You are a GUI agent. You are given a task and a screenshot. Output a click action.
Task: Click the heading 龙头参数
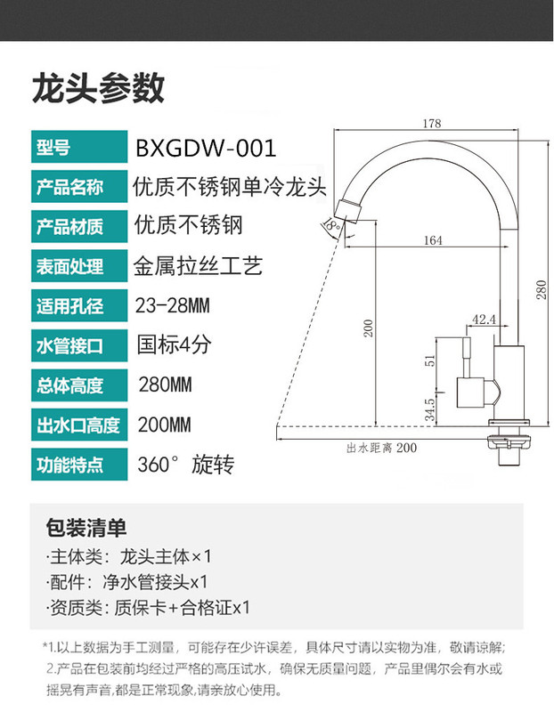[x=98, y=89]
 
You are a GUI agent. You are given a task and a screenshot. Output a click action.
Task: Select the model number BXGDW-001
[x=205, y=147]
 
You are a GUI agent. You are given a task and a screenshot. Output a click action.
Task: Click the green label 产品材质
[x=69, y=226]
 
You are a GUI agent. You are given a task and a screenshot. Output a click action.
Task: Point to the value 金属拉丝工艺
[x=198, y=266]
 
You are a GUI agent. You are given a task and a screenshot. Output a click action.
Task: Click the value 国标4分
[x=173, y=344]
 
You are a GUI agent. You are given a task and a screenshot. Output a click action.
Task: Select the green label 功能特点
[x=69, y=465]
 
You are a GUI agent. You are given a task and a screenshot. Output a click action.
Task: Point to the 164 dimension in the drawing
[x=433, y=240]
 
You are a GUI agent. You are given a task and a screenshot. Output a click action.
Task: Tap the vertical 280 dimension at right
[x=539, y=289]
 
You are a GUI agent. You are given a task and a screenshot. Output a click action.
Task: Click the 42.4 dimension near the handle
[x=484, y=319]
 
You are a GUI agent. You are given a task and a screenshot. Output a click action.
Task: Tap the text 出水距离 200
[x=381, y=448]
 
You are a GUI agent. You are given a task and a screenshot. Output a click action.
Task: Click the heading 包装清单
[x=86, y=528]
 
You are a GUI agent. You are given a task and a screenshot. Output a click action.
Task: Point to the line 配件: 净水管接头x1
[x=126, y=582]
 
